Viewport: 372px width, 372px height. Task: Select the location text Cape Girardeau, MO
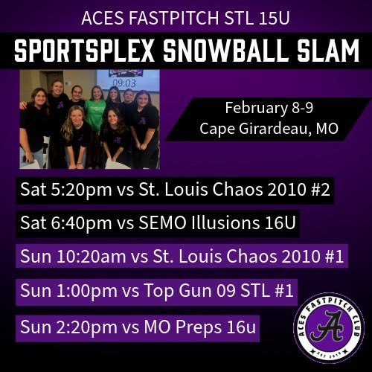(x=269, y=129)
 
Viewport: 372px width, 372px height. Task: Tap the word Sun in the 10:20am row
(x=34, y=257)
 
